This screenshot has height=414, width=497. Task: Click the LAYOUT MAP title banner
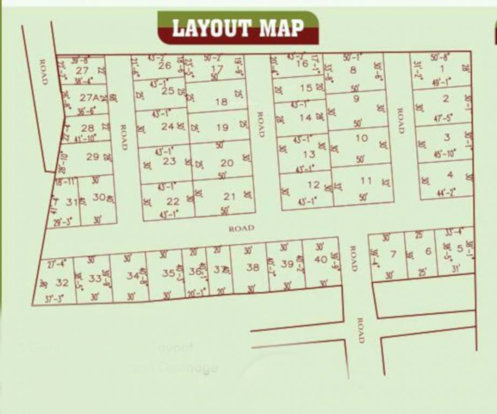point(237,27)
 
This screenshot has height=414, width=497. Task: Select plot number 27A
point(90,98)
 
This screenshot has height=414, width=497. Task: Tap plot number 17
point(217,69)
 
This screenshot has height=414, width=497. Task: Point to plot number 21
point(230,197)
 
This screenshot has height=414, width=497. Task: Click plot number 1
point(442,68)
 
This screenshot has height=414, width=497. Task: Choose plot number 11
point(366,181)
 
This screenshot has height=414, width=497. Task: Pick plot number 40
point(321,259)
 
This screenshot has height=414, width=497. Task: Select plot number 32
point(62,282)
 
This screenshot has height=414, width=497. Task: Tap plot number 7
point(393,254)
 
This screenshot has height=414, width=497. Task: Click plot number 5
point(460,249)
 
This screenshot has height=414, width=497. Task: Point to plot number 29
point(92,157)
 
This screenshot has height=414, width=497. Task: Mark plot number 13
point(309,154)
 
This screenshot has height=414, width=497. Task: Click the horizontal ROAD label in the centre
point(241,229)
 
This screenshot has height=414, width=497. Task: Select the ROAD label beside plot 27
point(44,72)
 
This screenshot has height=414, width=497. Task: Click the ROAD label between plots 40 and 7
point(353,259)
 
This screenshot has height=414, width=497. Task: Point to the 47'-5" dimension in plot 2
point(443,117)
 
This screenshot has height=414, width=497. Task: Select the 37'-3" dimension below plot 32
point(53,298)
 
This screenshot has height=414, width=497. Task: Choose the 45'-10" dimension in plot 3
point(444,155)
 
